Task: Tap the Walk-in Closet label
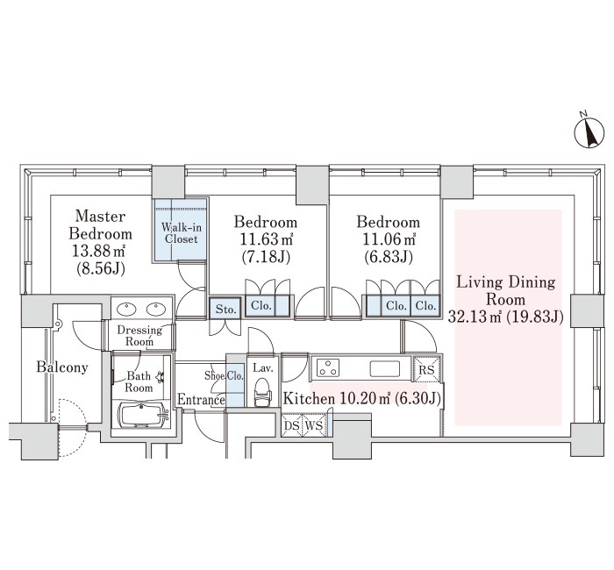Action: (181, 233)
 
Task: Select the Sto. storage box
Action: (225, 310)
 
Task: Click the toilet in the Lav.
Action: (263, 392)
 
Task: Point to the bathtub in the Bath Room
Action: (143, 417)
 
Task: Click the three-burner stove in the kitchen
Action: (328, 368)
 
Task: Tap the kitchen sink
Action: (385, 368)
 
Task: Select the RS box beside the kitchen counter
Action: (426, 369)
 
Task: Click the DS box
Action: (292, 425)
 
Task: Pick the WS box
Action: (313, 425)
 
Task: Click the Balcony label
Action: (62, 367)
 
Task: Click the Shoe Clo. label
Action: (224, 376)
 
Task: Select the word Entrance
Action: (201, 400)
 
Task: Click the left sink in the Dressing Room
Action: (126, 309)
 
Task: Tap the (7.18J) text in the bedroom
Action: (266, 257)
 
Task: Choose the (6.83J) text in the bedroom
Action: (388, 257)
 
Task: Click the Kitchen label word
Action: (309, 399)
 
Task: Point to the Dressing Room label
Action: (139, 336)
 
